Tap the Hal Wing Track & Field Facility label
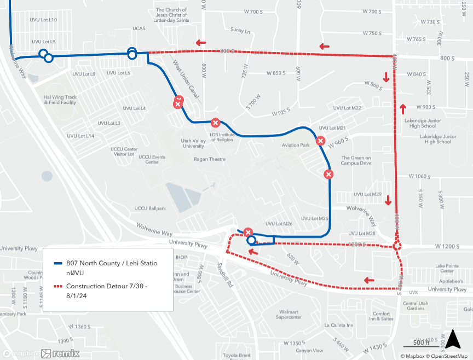[x=60, y=100]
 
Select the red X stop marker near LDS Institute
[x=216, y=123]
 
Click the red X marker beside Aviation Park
[x=321, y=141]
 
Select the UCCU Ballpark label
[x=150, y=208]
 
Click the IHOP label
[x=181, y=257]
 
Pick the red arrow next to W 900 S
[x=403, y=108]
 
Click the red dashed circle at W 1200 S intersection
[x=397, y=247]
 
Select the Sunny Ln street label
[x=240, y=30]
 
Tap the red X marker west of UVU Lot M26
[x=248, y=232]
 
